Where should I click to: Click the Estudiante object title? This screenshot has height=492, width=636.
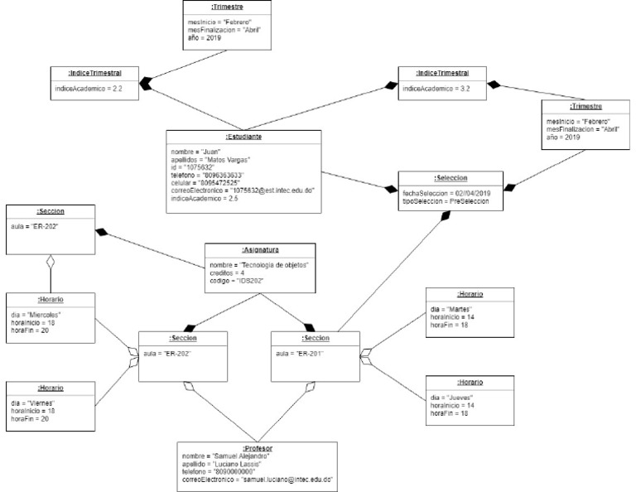point(243,137)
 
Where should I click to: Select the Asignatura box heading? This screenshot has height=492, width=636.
point(261,249)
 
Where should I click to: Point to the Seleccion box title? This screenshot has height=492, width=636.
point(449,179)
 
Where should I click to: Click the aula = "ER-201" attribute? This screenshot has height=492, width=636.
point(300,352)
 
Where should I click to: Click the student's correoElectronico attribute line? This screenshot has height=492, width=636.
point(243,191)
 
